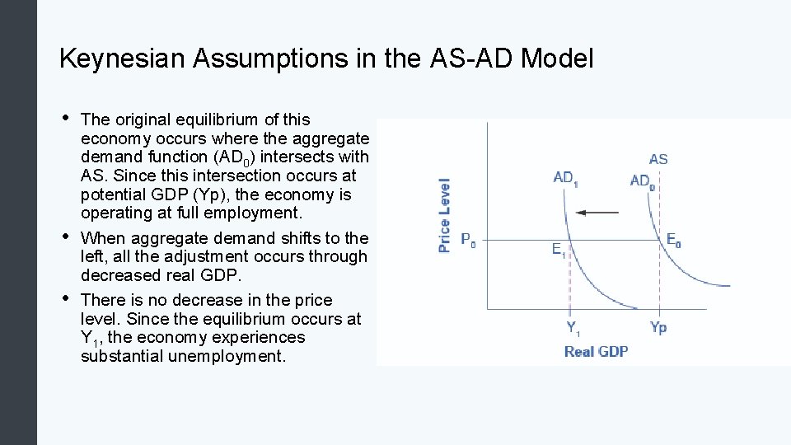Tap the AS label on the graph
click(x=658, y=159)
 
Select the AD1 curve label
click(x=565, y=178)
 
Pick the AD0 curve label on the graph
click(x=642, y=180)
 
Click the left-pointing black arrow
click(x=597, y=213)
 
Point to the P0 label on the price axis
click(x=468, y=241)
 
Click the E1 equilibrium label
click(x=559, y=249)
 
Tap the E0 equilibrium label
click(x=673, y=241)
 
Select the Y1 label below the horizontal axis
click(x=573, y=327)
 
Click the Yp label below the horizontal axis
click(x=658, y=327)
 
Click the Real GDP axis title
click(x=596, y=351)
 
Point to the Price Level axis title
click(x=445, y=215)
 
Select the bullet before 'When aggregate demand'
click(x=65, y=236)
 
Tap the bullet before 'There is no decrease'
click(x=65, y=297)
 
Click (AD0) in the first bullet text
click(x=232, y=157)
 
